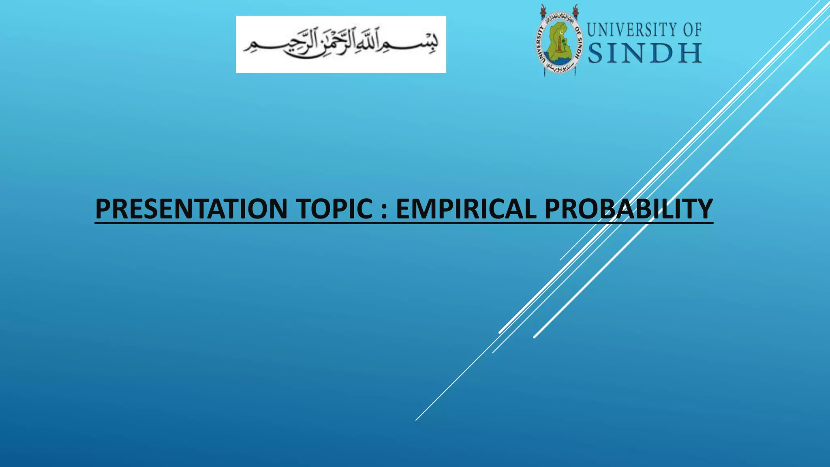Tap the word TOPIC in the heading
(334, 209)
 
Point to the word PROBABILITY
(628, 209)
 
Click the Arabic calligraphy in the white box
(341, 45)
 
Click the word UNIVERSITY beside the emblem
(632, 30)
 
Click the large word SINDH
(645, 54)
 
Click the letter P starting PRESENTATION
(103, 209)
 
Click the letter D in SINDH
(662, 54)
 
